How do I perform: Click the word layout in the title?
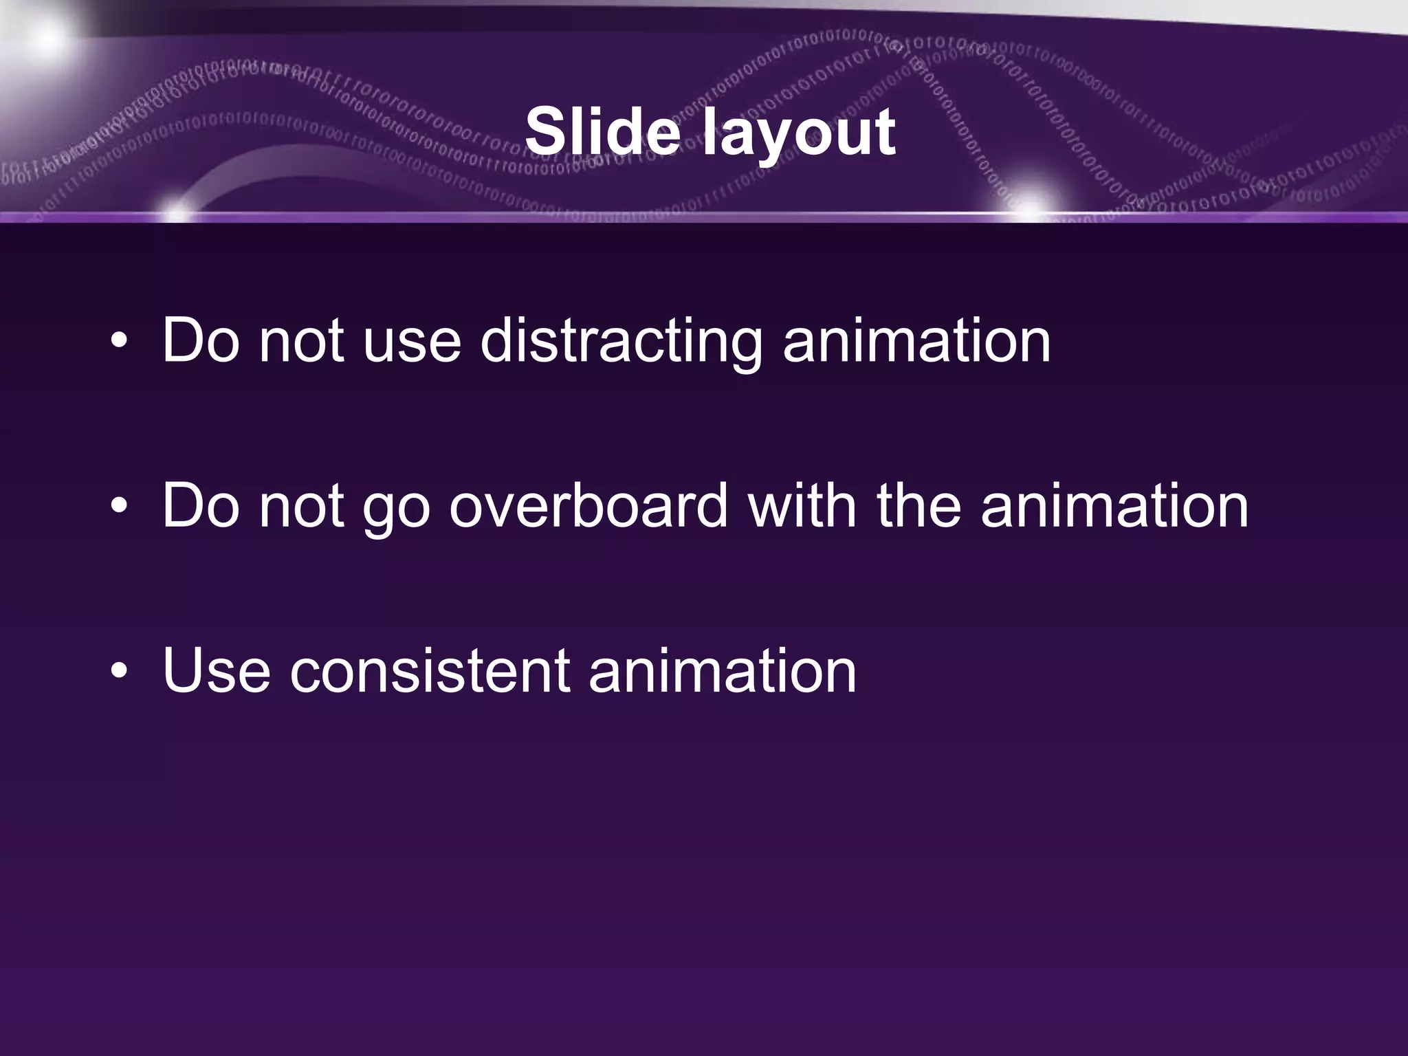coord(799,134)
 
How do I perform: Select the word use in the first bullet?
coord(411,342)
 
